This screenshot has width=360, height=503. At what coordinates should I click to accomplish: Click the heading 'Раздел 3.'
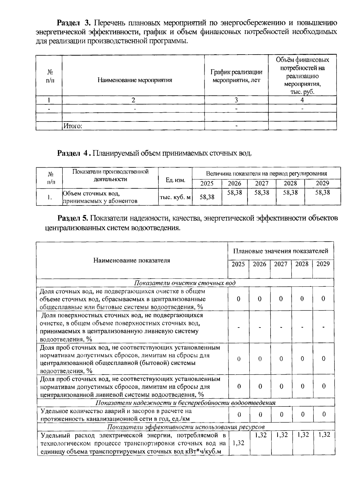click(73, 23)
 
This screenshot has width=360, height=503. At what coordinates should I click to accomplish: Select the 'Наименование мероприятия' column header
click(135, 80)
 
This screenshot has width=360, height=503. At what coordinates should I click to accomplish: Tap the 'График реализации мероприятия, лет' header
click(236, 76)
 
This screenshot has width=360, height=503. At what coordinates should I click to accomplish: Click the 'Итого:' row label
click(73, 126)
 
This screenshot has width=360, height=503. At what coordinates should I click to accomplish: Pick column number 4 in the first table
click(302, 100)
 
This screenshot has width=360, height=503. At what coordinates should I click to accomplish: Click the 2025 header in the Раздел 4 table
click(207, 183)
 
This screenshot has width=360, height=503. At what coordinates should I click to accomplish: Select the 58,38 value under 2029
click(322, 193)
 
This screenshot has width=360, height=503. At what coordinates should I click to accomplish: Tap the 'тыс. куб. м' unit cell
click(175, 197)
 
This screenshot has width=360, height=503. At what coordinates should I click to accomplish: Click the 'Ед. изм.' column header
click(175, 180)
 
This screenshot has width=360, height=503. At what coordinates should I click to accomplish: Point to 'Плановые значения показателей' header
click(280, 251)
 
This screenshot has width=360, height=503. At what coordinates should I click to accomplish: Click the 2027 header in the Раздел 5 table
click(280, 264)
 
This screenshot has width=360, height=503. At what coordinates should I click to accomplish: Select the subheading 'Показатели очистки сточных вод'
click(185, 283)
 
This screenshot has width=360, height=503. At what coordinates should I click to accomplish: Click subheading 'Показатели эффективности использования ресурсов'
click(186, 427)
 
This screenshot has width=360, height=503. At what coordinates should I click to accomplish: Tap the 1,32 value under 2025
click(238, 443)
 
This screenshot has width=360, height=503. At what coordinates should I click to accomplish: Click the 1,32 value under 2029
click(324, 435)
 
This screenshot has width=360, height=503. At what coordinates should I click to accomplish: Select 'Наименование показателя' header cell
click(131, 260)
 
